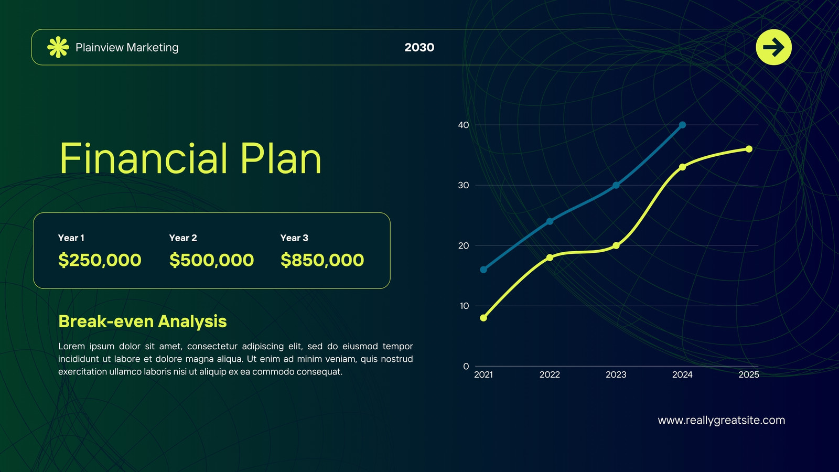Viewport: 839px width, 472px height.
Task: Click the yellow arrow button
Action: (x=773, y=47)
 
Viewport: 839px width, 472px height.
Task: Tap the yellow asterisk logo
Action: (x=58, y=47)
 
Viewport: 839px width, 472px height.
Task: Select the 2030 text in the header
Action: (x=419, y=47)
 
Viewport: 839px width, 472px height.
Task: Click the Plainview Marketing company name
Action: (x=127, y=48)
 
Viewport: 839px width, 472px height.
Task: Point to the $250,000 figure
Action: (x=100, y=260)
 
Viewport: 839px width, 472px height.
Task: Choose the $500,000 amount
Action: (x=211, y=260)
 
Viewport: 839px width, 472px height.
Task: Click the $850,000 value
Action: (x=322, y=260)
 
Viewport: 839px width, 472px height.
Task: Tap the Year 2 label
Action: (x=183, y=238)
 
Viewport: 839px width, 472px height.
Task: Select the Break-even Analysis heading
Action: (x=142, y=321)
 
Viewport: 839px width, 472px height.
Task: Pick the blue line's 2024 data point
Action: (x=682, y=125)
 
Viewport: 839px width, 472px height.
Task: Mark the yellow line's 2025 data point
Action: (x=749, y=149)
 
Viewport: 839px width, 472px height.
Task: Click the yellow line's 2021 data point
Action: (x=483, y=318)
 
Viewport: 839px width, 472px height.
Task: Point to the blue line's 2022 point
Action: (x=550, y=221)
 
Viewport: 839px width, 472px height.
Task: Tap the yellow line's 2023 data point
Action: (x=616, y=246)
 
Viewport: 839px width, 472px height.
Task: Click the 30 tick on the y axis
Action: (x=464, y=186)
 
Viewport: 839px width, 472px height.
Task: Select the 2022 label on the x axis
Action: (x=550, y=374)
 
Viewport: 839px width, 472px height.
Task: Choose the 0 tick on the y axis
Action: (x=466, y=367)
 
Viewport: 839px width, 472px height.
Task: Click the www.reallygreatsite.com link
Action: (x=722, y=420)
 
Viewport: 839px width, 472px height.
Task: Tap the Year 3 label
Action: (x=294, y=238)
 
